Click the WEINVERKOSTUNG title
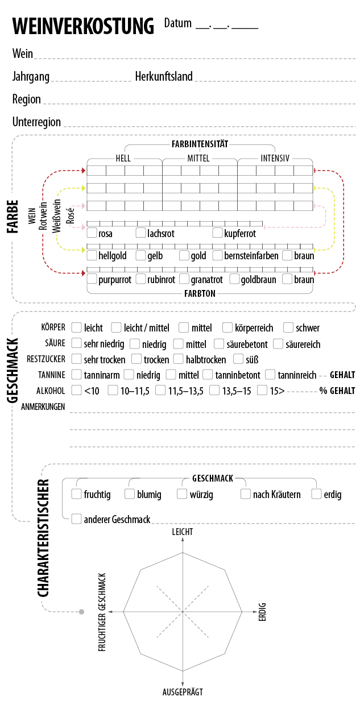(83, 27)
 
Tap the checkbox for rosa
(92, 233)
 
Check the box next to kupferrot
(218, 233)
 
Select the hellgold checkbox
(92, 256)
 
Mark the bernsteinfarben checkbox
(218, 256)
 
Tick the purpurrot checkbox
(92, 279)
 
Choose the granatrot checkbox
(184, 279)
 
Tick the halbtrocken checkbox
(179, 359)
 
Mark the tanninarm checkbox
(76, 375)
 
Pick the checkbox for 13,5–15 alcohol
(214, 391)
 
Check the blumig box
(130, 494)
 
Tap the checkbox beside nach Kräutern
(245, 494)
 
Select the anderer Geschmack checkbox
(76, 519)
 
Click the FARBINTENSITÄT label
(200, 144)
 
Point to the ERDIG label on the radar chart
(262, 611)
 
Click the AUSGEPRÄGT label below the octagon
(183, 692)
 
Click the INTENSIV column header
(274, 157)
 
